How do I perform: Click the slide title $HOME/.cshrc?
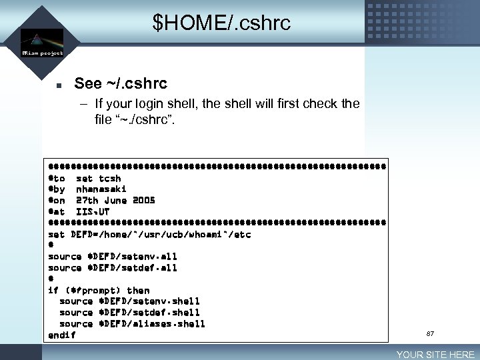pos(221,23)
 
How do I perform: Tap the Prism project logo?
pos(42,42)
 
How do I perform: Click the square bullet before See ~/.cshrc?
pos(59,85)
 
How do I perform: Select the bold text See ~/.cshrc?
pos(121,83)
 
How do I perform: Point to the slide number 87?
pos(430,333)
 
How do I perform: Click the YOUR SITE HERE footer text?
pos(435,355)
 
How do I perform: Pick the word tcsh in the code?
pos(110,178)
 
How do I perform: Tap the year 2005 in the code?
pos(143,200)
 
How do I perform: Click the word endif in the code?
pos(62,335)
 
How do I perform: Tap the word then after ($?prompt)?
pos(138,290)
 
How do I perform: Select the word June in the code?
pos(115,200)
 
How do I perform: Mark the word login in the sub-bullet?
pos(151,104)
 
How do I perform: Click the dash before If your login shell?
pos(85,104)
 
